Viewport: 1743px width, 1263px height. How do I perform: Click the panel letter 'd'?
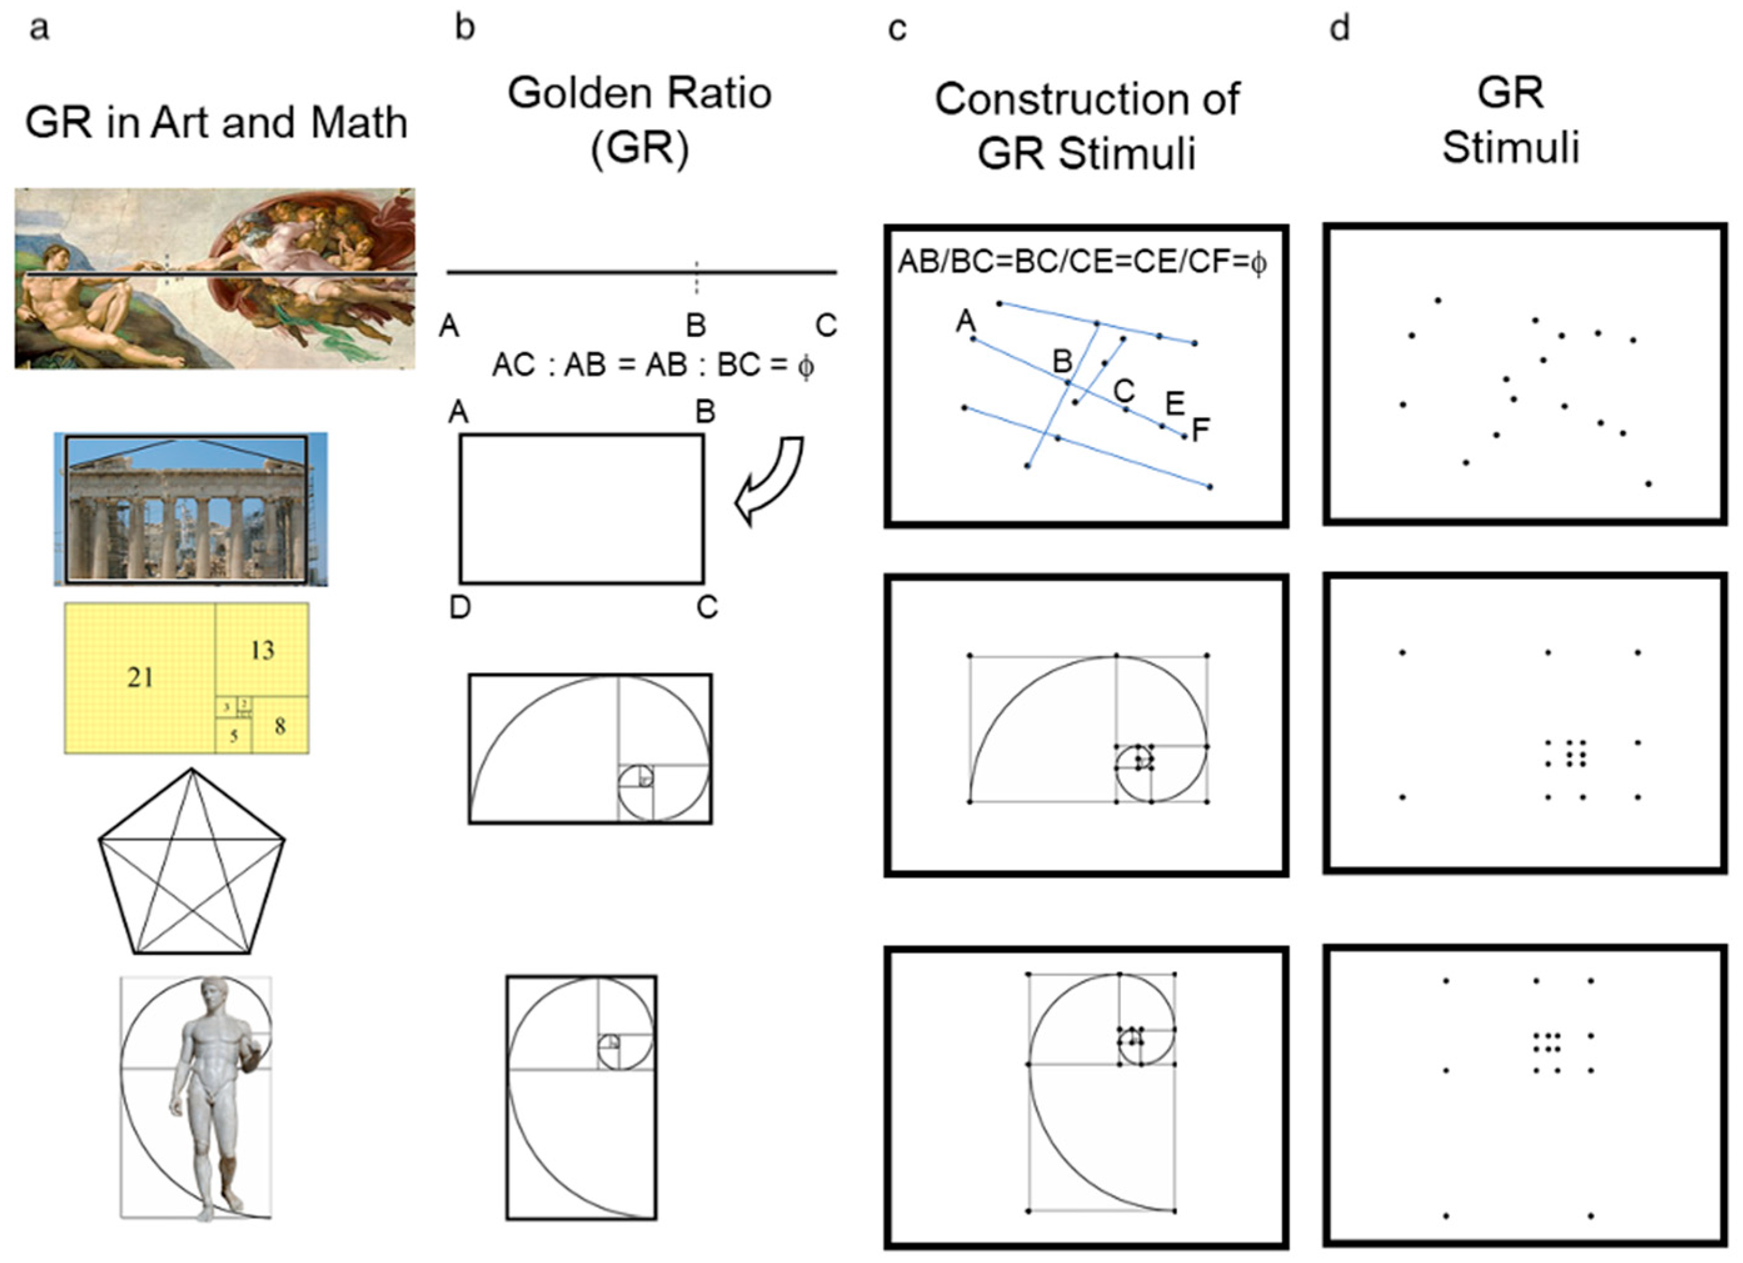[1340, 28]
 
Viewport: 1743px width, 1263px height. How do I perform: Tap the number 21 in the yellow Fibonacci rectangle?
[140, 677]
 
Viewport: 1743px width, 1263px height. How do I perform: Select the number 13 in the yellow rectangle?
[262, 650]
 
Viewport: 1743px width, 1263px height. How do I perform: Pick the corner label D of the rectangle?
[460, 607]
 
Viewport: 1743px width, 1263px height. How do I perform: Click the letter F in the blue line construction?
[1200, 430]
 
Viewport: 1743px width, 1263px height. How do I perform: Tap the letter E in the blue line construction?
[1174, 403]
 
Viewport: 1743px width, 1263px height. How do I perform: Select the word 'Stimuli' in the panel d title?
[1510, 147]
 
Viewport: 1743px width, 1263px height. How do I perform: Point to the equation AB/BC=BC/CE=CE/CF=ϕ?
[1082, 262]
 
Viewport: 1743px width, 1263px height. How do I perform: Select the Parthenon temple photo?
[190, 509]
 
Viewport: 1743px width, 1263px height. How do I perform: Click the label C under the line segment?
[826, 325]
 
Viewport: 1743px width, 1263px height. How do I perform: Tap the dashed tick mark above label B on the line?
[696, 277]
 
